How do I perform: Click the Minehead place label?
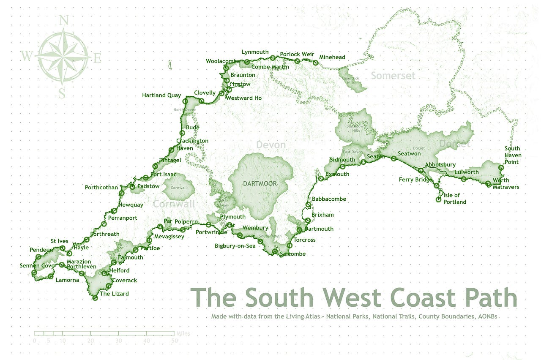332,57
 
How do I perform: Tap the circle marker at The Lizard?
95,298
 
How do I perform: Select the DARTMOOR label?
260,184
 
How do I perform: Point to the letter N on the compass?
63,20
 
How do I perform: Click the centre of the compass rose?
63,56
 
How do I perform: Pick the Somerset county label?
393,76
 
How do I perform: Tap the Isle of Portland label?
455,199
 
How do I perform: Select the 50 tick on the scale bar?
174,341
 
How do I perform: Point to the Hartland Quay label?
161,95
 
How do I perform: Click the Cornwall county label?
174,204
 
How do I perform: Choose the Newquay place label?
131,205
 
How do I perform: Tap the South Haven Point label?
513,155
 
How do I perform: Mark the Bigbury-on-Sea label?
235,246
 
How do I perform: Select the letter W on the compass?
27,56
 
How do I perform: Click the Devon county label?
271,145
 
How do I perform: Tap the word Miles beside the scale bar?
183,333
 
